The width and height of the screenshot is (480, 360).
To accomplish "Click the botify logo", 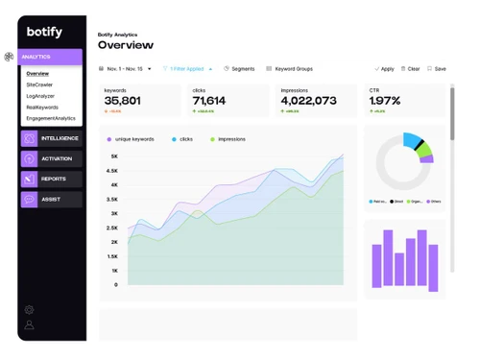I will click(44, 33).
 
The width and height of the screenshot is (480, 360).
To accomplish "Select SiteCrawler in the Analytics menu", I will click(39, 85).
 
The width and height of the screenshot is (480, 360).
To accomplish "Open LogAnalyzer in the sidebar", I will click(40, 96).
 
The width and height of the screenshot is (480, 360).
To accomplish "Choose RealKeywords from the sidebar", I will click(42, 108).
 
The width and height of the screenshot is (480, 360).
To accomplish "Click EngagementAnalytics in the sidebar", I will click(51, 118).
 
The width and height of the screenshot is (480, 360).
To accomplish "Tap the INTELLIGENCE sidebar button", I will click(51, 139).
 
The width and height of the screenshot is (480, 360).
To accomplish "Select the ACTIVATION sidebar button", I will click(51, 159).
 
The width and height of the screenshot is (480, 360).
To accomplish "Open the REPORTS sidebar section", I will click(51, 180).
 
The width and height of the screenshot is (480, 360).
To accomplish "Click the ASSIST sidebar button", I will click(51, 200).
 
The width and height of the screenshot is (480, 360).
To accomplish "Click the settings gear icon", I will click(29, 310).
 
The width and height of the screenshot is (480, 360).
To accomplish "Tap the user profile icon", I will click(29, 325).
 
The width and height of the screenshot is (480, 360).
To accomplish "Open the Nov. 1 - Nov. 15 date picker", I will click(126, 69).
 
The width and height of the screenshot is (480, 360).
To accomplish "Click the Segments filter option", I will click(240, 69).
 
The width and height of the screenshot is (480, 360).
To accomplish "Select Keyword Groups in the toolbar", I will click(290, 69).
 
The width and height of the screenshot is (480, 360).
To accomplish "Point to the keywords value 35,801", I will click(123, 101).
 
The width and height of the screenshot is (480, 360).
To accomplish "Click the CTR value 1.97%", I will click(385, 101).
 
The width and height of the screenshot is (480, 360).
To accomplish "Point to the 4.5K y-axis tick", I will click(113, 171).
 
